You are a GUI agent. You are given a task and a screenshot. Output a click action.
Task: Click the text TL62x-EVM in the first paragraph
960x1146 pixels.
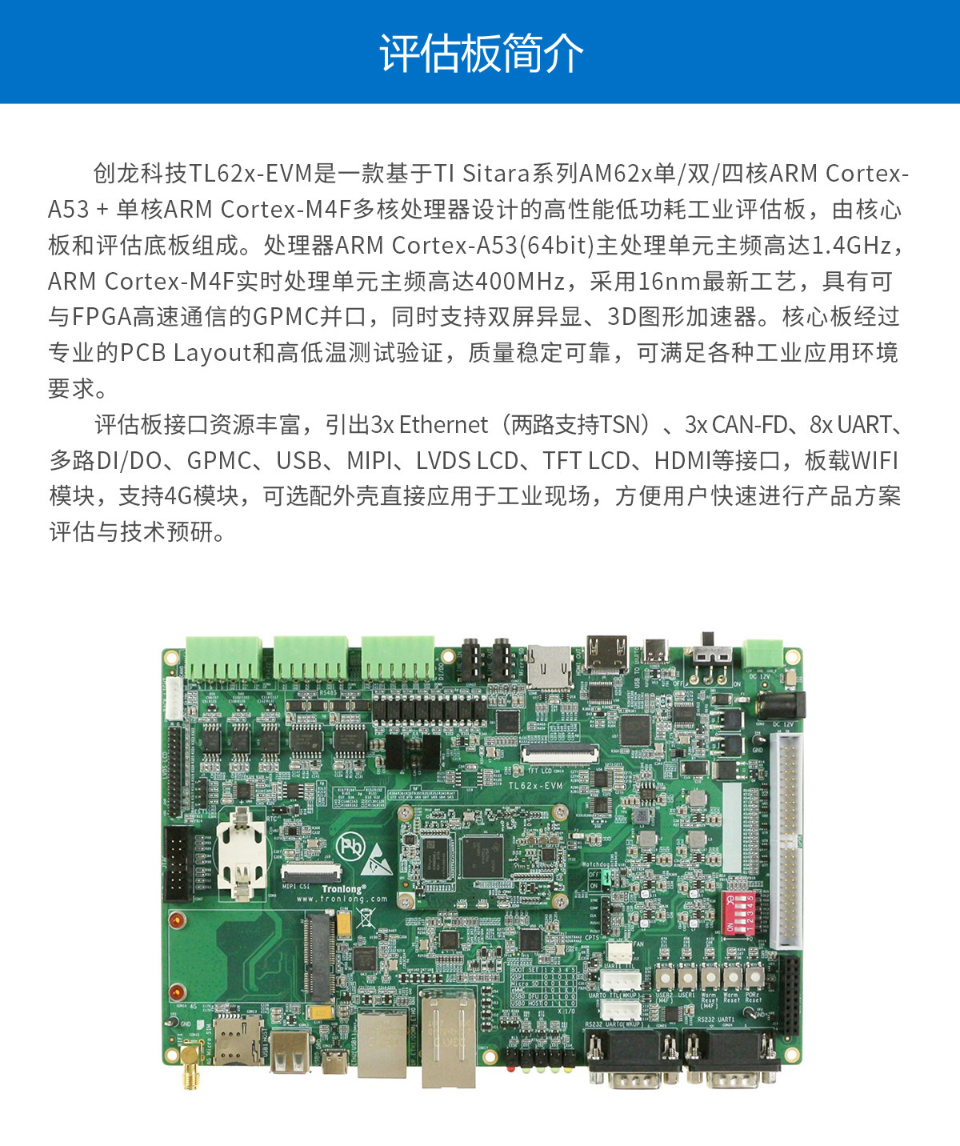click(250, 174)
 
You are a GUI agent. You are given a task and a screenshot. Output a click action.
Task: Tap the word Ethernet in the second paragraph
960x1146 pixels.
click(443, 425)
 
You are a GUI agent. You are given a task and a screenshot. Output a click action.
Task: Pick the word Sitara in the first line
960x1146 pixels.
click(496, 174)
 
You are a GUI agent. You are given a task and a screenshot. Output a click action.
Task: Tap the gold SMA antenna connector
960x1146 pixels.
click(190, 1064)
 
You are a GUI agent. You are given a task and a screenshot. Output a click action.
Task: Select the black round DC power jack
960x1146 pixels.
click(779, 706)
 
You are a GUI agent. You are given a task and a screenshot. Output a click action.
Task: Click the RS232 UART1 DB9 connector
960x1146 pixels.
click(730, 1056)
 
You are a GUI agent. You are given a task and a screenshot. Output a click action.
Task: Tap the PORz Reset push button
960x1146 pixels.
click(754, 977)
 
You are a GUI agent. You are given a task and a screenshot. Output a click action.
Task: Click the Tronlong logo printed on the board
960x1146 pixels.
click(343, 889)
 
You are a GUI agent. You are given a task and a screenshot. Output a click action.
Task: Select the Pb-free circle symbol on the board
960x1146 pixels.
click(350, 846)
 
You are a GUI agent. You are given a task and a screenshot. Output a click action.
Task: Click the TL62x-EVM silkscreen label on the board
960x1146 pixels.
click(535, 786)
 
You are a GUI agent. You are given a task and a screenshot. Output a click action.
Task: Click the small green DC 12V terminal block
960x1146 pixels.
click(762, 653)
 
